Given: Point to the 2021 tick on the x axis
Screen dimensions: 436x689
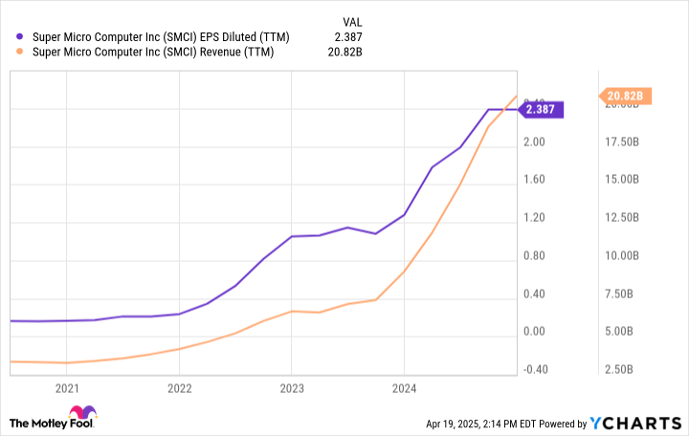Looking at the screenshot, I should tap(67, 388).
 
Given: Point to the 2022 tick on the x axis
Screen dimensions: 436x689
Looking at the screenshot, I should tap(180, 388).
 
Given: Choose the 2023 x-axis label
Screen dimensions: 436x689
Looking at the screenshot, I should tap(292, 388).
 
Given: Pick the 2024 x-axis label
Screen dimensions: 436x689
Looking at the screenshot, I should tap(405, 388).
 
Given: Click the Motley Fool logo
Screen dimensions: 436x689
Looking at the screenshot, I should tap(53, 421).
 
